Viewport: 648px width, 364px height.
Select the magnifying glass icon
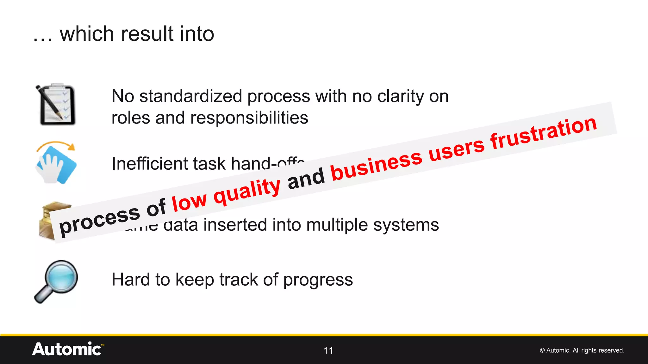56,281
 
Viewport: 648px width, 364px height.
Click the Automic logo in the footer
68,349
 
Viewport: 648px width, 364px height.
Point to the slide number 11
328,350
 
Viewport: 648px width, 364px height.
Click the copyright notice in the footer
582,350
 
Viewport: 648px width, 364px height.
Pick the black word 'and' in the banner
306,179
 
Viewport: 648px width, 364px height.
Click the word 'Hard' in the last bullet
130,280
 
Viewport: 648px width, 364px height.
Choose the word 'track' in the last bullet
239,280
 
